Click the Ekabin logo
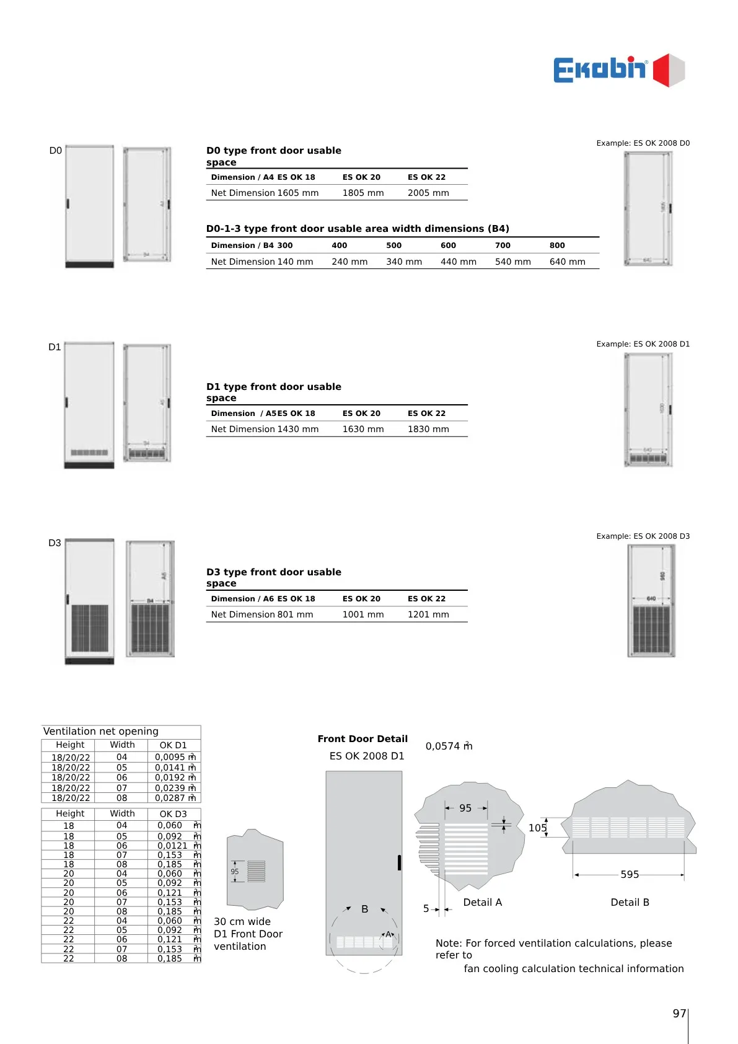[618, 70]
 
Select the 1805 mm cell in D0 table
[363, 193]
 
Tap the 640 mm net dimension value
[567, 262]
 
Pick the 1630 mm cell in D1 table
[363, 429]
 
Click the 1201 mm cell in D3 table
[428, 614]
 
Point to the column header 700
[503, 246]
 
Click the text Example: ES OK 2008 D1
[643, 344]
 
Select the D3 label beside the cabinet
[55, 543]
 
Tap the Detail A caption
[482, 903]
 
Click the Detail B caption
[630, 903]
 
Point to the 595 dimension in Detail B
[630, 875]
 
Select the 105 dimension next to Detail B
[537, 828]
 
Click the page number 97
[679, 1014]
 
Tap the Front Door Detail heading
[362, 739]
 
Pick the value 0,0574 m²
[449, 746]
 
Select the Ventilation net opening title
[100, 732]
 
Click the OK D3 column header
[173, 814]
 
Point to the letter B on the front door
[365, 909]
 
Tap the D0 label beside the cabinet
[55, 151]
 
